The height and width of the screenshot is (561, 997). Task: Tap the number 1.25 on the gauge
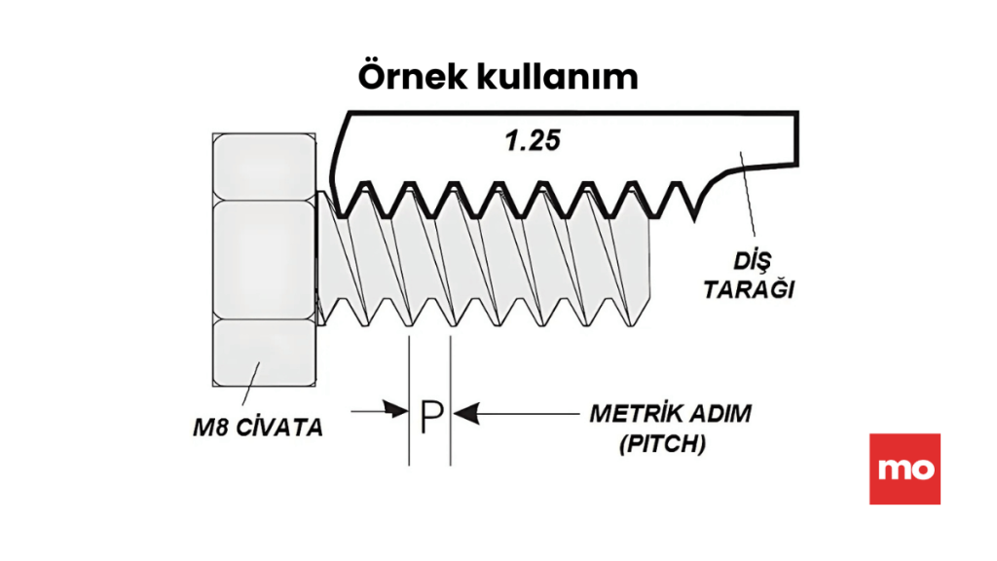532,140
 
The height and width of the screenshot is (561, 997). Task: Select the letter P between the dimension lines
430,417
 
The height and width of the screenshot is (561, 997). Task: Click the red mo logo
905,468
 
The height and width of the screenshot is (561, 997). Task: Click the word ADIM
717,413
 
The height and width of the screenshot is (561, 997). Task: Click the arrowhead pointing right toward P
398,412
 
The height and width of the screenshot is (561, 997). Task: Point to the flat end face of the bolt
646,263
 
